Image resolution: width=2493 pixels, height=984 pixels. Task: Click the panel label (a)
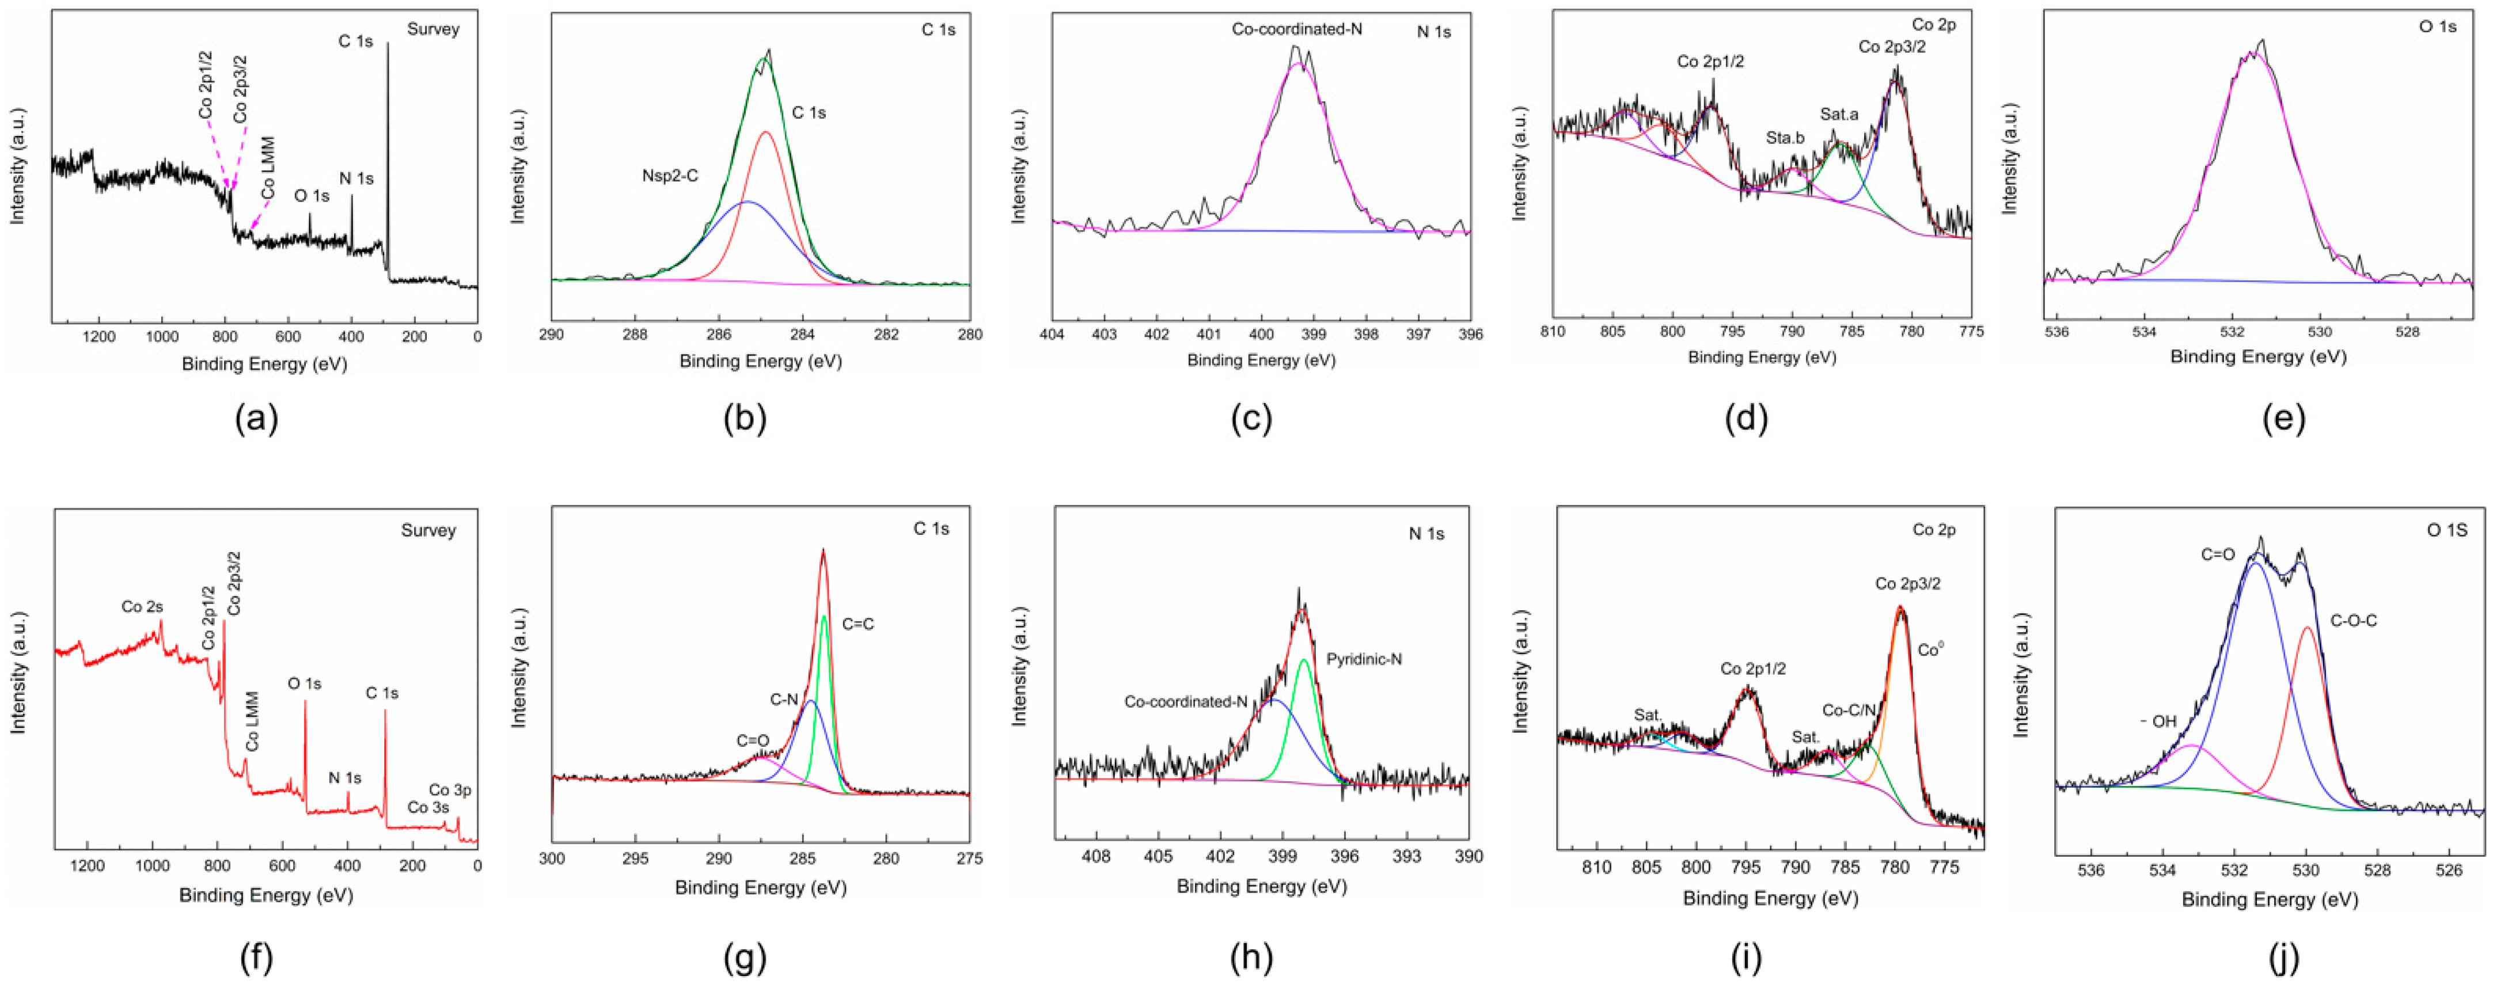(256, 419)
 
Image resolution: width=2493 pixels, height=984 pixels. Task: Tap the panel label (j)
(2283, 958)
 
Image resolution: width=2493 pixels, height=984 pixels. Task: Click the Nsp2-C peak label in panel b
(670, 176)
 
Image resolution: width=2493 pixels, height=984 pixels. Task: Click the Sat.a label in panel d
(1839, 114)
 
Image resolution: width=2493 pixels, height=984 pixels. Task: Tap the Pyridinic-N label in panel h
(1364, 659)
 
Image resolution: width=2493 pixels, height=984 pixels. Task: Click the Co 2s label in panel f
(142, 607)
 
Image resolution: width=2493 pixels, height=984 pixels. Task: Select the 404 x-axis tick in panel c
(1052, 334)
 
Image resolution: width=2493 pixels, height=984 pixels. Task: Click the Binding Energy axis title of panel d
(1762, 357)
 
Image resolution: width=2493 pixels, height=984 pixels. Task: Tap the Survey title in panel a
(432, 29)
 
